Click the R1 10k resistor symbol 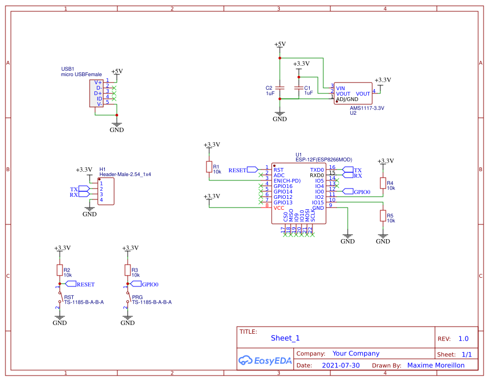[x=209, y=167]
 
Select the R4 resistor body [x=383, y=183]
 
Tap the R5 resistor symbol [x=383, y=216]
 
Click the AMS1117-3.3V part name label [x=367, y=108]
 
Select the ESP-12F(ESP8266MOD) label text [x=324, y=160]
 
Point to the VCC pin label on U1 [x=279, y=208]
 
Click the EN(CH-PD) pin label [x=287, y=180]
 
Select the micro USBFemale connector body [x=97, y=92]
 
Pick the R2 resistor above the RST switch [x=59, y=270]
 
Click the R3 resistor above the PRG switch [x=127, y=270]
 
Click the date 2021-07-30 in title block [x=341, y=366]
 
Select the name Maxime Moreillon [x=436, y=366]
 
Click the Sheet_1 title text [x=285, y=338]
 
